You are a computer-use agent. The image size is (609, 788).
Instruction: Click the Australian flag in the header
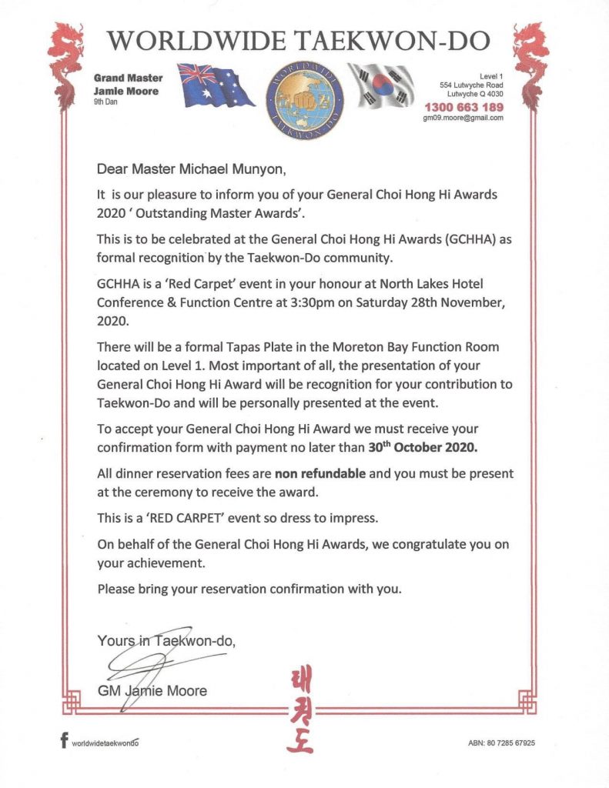(216, 85)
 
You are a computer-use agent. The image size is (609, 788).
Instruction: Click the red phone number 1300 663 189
(460, 107)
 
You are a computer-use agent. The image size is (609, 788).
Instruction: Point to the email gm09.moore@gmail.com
(458, 119)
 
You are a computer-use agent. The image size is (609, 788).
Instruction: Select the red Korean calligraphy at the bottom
(302, 709)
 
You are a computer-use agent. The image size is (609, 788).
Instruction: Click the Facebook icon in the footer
(64, 743)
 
